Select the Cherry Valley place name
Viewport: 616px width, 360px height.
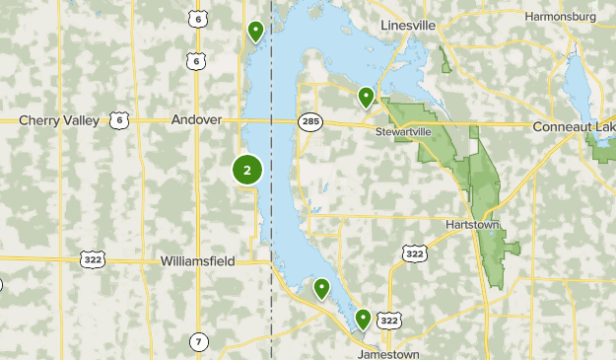(58, 120)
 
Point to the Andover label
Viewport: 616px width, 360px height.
(197, 119)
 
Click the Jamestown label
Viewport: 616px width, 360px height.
(388, 354)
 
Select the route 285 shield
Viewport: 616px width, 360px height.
(309, 121)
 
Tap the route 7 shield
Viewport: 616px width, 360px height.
(198, 342)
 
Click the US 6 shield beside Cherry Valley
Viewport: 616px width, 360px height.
(119, 120)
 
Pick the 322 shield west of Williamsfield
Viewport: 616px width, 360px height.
(92, 258)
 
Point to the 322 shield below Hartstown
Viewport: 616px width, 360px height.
(415, 254)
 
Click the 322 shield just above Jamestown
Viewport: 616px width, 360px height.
(390, 321)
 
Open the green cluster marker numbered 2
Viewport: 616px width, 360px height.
(246, 171)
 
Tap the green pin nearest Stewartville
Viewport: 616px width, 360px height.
(366, 97)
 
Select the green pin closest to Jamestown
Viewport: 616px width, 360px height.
(363, 319)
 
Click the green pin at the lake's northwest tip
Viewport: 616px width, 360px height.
(255, 32)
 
